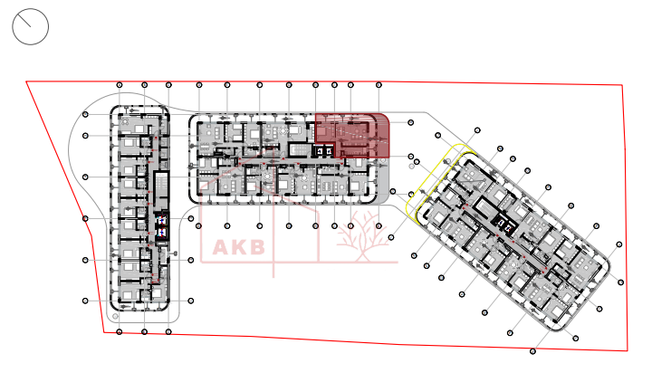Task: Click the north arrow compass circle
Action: click(x=30, y=27)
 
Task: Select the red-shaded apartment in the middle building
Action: click(x=352, y=136)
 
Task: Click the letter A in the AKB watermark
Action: click(x=222, y=247)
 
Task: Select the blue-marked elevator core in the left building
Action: click(x=161, y=225)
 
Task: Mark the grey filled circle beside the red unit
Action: click(x=412, y=166)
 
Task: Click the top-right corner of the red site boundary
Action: click(x=622, y=85)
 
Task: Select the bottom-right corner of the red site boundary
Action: click(x=628, y=349)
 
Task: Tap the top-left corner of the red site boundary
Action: click(x=26, y=81)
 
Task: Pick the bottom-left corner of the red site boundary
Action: click(x=103, y=331)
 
